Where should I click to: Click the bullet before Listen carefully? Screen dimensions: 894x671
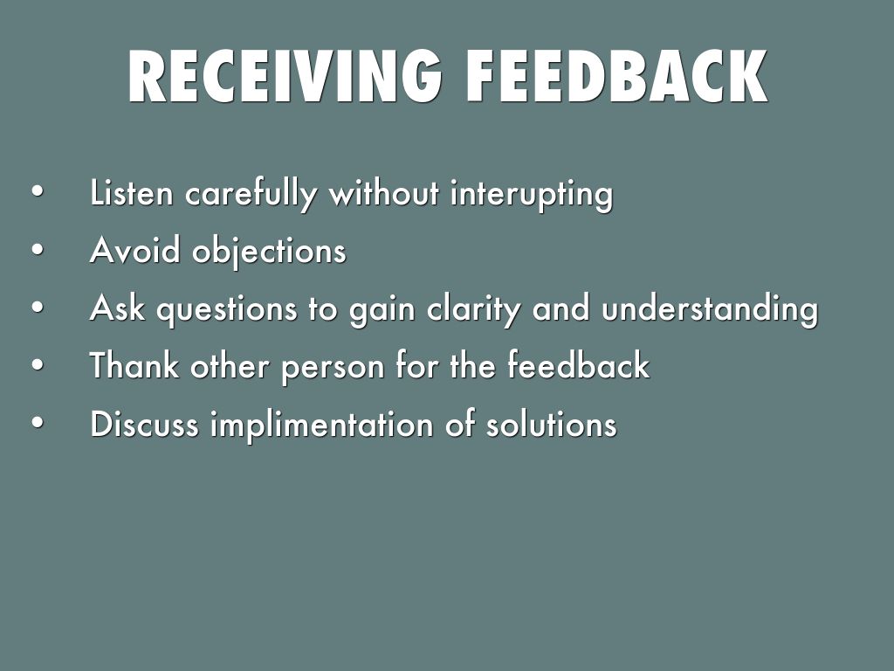(38, 191)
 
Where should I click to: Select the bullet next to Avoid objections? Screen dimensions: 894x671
(38, 249)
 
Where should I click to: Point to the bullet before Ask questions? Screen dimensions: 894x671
(38, 307)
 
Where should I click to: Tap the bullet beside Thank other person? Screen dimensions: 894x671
(38, 364)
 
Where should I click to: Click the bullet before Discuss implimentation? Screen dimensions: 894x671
(38, 423)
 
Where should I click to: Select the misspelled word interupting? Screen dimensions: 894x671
(532, 195)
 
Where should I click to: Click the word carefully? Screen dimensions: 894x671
(251, 194)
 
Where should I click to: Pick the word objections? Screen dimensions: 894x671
(269, 252)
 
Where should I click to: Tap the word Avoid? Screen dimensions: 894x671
(134, 249)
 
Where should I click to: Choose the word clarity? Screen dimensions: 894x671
(473, 309)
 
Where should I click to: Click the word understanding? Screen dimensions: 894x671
(710, 309)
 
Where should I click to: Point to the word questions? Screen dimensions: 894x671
(227, 310)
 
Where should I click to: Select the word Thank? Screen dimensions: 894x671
(134, 364)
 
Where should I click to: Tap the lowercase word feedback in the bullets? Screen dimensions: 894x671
(579, 364)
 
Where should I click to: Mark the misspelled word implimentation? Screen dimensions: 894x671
(322, 425)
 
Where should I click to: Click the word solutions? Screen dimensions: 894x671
(552, 424)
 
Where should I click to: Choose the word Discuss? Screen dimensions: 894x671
(144, 424)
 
